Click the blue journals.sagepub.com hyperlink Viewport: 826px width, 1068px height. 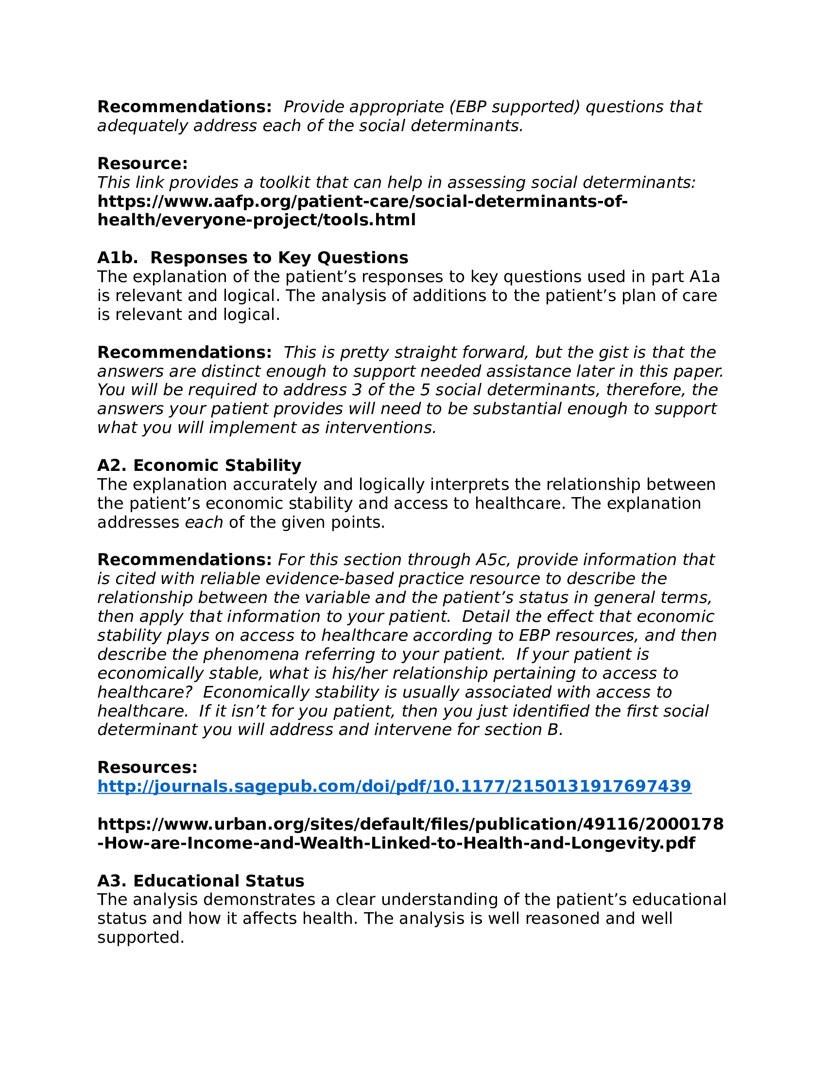(394, 786)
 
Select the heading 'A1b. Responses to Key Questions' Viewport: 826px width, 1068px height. (253, 258)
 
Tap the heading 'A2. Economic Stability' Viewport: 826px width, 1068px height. (199, 465)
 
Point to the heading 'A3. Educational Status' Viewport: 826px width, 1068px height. (201, 881)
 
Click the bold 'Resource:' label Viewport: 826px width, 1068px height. (142, 163)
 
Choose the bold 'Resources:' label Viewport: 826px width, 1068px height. (147, 767)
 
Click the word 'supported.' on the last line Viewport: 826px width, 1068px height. (140, 937)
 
